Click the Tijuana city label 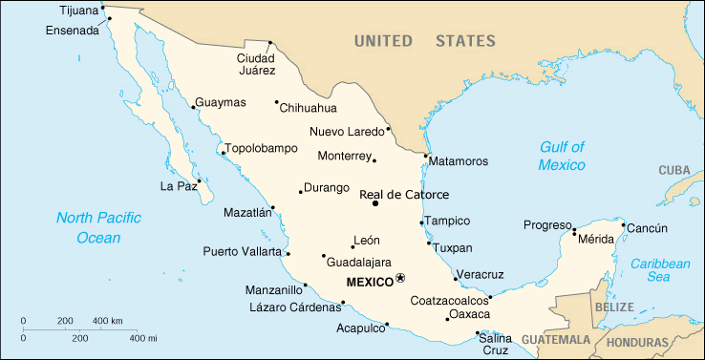(78, 11)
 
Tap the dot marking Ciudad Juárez (271, 42)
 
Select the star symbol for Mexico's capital (401, 278)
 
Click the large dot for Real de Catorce (375, 202)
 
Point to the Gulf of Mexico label (562, 156)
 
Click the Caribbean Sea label (659, 269)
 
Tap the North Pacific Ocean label (99, 227)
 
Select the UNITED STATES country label (424, 41)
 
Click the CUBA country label (673, 170)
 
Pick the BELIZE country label (613, 308)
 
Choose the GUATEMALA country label (557, 340)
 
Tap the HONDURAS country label (637, 342)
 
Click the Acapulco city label (360, 327)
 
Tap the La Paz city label (178, 185)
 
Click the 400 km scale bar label (106, 320)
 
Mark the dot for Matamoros (426, 156)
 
